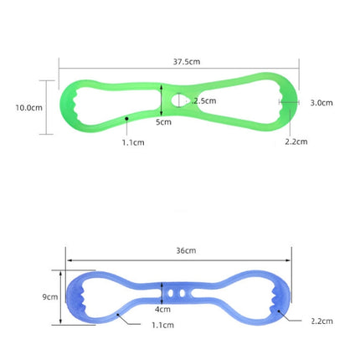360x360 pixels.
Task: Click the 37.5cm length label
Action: pyautogui.click(x=187, y=62)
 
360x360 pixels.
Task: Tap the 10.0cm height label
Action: pyautogui.click(x=28, y=108)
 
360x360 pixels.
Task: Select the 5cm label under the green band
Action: pyautogui.click(x=163, y=122)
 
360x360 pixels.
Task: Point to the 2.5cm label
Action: pyautogui.click(x=205, y=100)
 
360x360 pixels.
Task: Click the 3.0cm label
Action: pyautogui.click(x=321, y=103)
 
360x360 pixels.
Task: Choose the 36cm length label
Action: pyautogui.click(x=186, y=250)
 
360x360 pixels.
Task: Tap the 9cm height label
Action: pyautogui.click(x=50, y=297)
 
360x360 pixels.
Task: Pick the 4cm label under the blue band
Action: pyautogui.click(x=162, y=309)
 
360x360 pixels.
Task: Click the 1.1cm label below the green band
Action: pyautogui.click(x=133, y=142)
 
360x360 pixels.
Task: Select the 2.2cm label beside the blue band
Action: pyautogui.click(x=321, y=321)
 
